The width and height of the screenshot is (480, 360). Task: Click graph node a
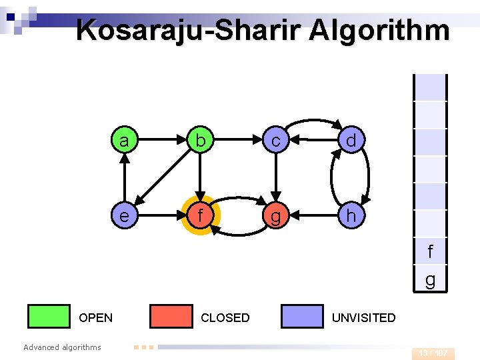tap(124, 141)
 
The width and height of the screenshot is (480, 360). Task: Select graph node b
tap(199, 141)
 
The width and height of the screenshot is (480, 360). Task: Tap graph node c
tap(275, 141)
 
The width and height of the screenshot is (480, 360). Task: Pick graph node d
tap(351, 141)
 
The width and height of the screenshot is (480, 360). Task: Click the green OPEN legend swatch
tap(49, 317)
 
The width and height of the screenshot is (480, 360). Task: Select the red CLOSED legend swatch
tap(171, 317)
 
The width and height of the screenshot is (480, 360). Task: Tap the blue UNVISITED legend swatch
tap(302, 317)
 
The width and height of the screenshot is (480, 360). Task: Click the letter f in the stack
tap(430, 252)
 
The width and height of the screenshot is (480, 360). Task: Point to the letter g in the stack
tap(430, 280)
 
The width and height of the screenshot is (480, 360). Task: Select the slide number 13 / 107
tap(433, 353)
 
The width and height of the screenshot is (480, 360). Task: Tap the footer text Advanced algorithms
tap(62, 347)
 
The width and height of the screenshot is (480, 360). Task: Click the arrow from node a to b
tap(161, 141)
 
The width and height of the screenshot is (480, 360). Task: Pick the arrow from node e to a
tap(124, 178)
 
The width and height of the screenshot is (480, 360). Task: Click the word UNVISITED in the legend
tap(363, 318)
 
